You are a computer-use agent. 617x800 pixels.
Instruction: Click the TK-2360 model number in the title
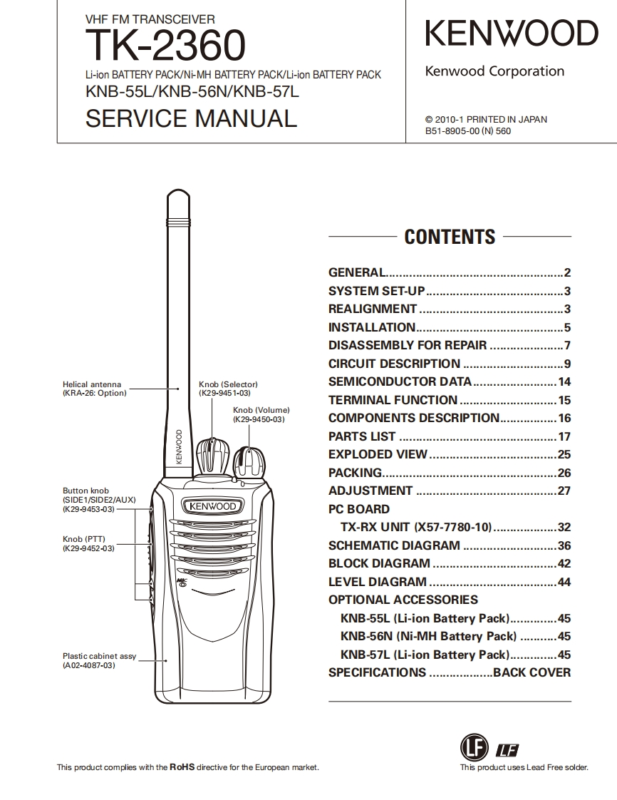(165, 45)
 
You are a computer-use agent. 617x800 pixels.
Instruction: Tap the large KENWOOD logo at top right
(512, 34)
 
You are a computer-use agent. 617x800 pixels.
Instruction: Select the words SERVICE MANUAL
(191, 118)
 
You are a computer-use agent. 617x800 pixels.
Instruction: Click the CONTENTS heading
(450, 237)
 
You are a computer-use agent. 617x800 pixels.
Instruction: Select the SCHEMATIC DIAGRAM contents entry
(394, 545)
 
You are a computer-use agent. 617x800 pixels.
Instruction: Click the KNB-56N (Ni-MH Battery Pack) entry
(428, 636)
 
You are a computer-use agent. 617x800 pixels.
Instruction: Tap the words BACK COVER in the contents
(532, 672)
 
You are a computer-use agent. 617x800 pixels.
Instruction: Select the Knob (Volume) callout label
(261, 415)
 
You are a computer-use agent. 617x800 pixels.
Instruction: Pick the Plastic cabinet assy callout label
(99, 660)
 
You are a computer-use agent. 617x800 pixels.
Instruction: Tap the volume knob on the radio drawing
(249, 461)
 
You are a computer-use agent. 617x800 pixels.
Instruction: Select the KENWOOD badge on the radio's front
(212, 506)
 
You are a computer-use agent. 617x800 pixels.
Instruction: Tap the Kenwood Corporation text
(494, 71)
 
